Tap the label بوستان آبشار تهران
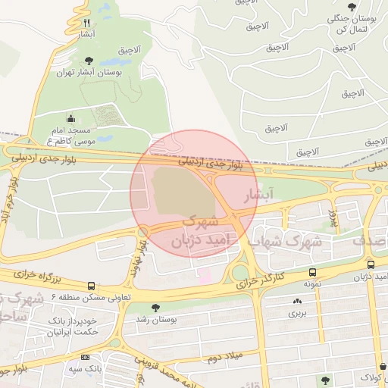click(89, 73)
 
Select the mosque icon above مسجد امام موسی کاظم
click(71, 118)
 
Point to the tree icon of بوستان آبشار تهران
click(89, 61)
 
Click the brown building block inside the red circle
click(177, 193)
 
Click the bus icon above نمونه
click(312, 273)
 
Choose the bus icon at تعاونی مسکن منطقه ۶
click(92, 286)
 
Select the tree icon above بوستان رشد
click(155, 308)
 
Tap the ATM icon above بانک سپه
click(85, 357)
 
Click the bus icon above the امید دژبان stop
click(371, 264)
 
